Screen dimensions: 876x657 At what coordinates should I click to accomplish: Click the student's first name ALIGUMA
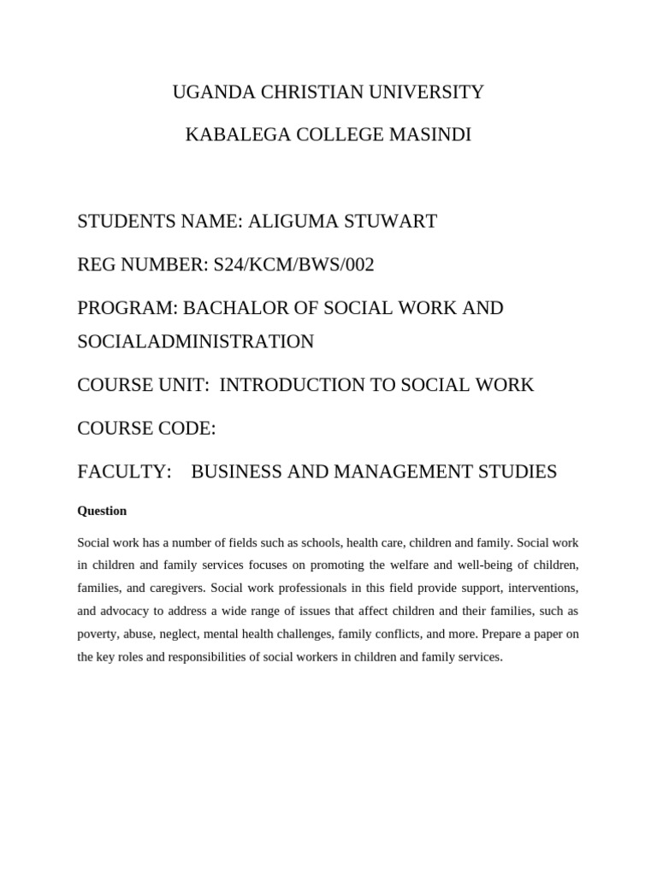[x=289, y=222]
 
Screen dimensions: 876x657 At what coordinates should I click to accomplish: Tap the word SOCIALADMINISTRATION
[x=196, y=342]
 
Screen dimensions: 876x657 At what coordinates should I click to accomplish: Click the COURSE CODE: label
[x=146, y=429]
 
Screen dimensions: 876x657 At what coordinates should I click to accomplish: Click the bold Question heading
[x=102, y=511]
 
